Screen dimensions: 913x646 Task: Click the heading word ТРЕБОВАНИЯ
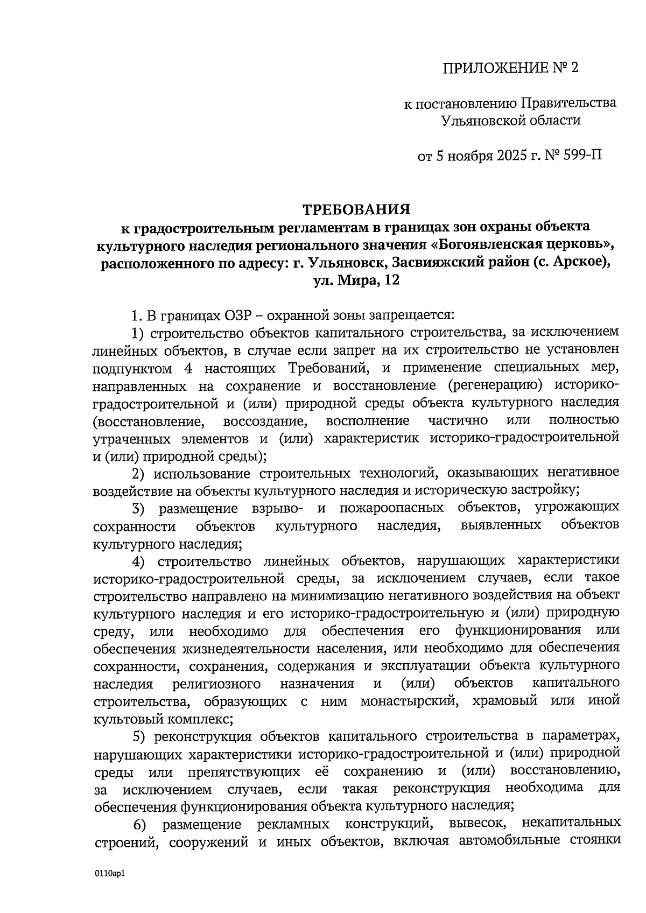[355, 208]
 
